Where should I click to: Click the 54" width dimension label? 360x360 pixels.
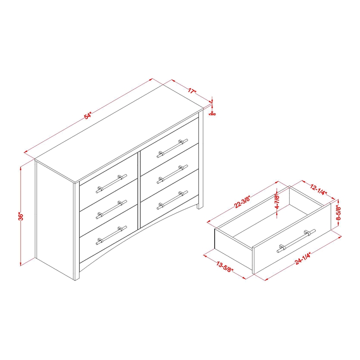pyautogui.click(x=88, y=116)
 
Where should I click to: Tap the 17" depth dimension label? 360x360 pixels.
pyautogui.click(x=192, y=90)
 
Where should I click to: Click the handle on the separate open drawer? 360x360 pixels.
pyautogui.click(x=296, y=240)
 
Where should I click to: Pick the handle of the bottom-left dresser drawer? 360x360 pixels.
pyautogui.click(x=108, y=235)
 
